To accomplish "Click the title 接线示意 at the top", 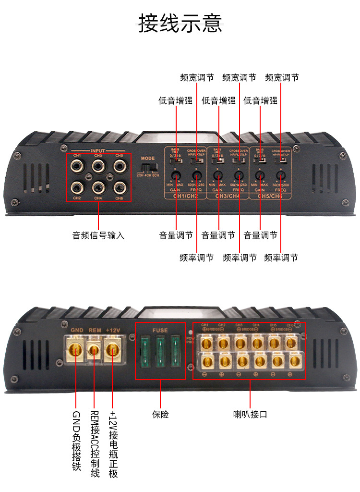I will (180, 23).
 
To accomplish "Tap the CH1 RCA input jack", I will (77, 166).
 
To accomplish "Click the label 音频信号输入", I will (98, 235).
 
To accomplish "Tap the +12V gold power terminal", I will (113, 350).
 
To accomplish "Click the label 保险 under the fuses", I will (160, 414).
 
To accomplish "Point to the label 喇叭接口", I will (250, 414).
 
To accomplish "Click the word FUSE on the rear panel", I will (160, 331).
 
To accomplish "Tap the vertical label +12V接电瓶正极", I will (113, 444).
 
